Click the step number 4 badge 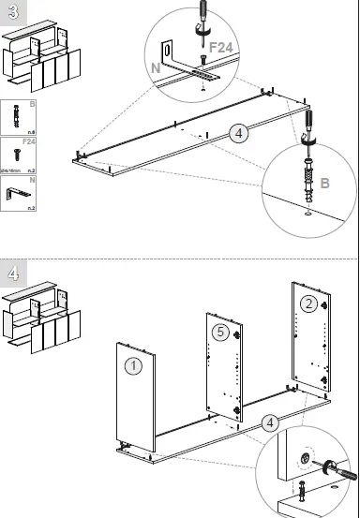[x=13, y=274]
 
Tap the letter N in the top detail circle [x=157, y=67]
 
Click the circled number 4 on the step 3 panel [x=240, y=134]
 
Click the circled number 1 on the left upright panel [x=134, y=366]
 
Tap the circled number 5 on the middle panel [x=218, y=331]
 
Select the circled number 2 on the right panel [x=308, y=303]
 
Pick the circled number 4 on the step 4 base [x=271, y=422]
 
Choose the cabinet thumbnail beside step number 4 [x=42, y=314]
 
